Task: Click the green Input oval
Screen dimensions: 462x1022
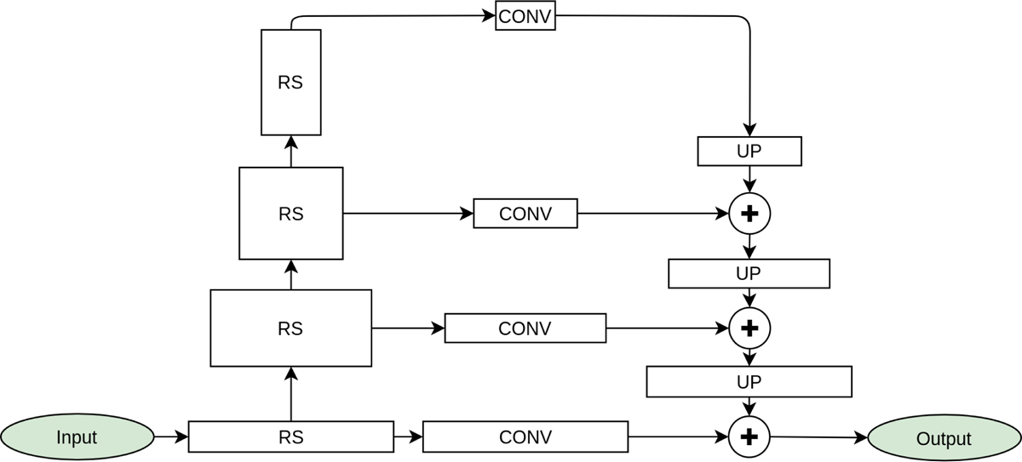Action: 77,437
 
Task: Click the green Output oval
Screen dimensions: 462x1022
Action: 944,438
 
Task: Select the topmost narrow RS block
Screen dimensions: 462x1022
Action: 290,83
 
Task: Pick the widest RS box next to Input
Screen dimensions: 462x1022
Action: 290,436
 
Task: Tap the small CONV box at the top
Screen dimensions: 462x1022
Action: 525,17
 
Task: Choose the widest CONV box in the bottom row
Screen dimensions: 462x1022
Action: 525,436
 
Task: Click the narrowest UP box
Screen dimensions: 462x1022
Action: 749,151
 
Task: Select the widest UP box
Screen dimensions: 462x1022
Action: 749,382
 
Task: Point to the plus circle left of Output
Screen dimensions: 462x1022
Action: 749,436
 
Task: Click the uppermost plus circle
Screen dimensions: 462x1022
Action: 749,214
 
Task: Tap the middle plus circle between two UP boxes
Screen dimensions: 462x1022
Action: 749,328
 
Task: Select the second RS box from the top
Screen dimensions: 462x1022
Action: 290,214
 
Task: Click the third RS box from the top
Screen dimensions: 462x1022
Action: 290,328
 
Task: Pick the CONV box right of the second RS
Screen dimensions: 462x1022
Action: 525,214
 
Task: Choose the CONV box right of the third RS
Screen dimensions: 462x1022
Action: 525,328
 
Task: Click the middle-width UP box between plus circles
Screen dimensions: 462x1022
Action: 749,274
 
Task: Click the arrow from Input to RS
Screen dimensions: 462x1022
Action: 170,437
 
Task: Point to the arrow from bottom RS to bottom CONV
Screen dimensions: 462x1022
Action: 408,437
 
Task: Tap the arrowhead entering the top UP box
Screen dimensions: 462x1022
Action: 749,130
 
